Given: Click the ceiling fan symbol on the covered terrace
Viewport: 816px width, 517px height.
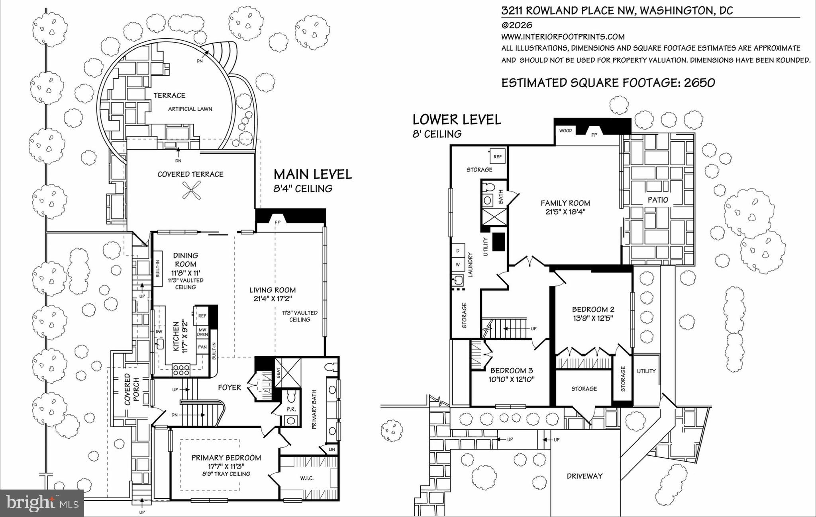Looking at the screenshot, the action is [191, 190].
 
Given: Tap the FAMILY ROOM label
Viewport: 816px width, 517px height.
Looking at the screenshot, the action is [565, 203].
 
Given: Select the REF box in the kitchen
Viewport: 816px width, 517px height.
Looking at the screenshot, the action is [202, 316].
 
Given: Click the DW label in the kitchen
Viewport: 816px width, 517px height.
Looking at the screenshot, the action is [159, 332].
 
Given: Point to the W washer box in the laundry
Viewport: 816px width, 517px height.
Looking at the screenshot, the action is [458, 264].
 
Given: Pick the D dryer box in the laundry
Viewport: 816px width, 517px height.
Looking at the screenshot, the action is [458, 250].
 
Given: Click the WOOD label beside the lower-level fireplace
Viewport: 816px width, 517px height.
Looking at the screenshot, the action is [565, 131].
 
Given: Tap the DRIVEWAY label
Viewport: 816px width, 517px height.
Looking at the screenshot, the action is [585, 476].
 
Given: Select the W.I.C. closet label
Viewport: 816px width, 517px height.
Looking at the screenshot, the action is [306, 478].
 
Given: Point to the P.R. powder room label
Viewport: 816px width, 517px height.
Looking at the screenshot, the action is [290, 409].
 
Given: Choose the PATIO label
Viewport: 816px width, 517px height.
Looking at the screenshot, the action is [658, 200].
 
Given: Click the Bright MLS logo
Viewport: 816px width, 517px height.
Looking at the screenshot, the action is [42, 503].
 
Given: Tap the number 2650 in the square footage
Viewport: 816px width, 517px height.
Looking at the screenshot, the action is [700, 83].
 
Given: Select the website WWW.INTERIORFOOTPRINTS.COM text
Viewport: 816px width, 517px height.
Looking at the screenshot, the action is [563, 37].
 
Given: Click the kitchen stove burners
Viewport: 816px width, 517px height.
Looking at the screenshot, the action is [181, 370].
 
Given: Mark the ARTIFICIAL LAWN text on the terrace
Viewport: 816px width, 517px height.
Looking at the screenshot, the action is [190, 109].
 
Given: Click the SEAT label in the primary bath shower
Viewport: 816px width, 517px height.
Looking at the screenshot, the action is [279, 373].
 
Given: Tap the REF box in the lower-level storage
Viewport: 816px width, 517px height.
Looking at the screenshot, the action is [498, 156].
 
